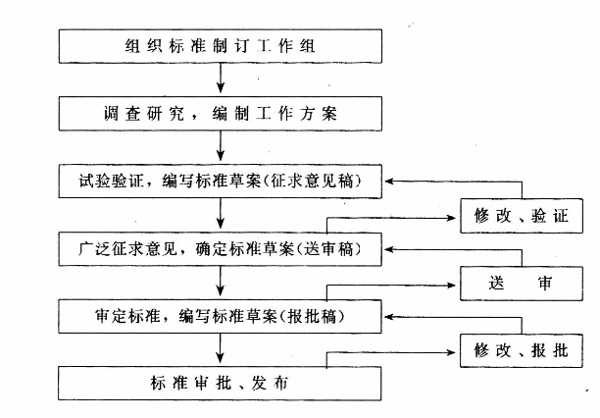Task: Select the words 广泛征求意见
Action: click(112, 249)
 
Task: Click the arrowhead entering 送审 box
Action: click(455, 284)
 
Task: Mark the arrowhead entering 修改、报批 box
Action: click(455, 350)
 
